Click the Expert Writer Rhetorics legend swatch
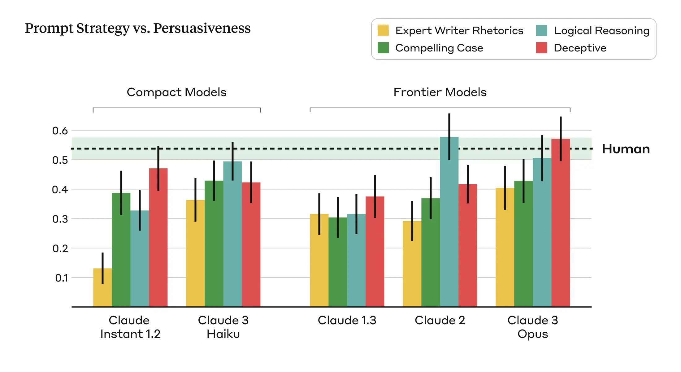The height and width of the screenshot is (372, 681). [383, 30]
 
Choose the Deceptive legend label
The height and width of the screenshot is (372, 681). [580, 48]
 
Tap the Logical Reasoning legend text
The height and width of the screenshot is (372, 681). [601, 30]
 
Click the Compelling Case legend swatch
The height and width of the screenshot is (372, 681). [383, 48]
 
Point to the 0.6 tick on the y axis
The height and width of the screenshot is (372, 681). [60, 131]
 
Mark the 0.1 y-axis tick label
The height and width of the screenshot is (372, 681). [61, 278]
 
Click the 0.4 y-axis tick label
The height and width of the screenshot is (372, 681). [60, 189]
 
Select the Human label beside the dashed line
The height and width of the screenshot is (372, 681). [626, 149]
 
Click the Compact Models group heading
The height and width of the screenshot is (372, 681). [176, 92]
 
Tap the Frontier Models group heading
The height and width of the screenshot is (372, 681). [440, 92]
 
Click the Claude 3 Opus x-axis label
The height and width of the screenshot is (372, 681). [532, 327]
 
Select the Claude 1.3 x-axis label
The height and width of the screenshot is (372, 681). [347, 320]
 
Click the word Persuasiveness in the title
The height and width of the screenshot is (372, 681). [202, 28]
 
